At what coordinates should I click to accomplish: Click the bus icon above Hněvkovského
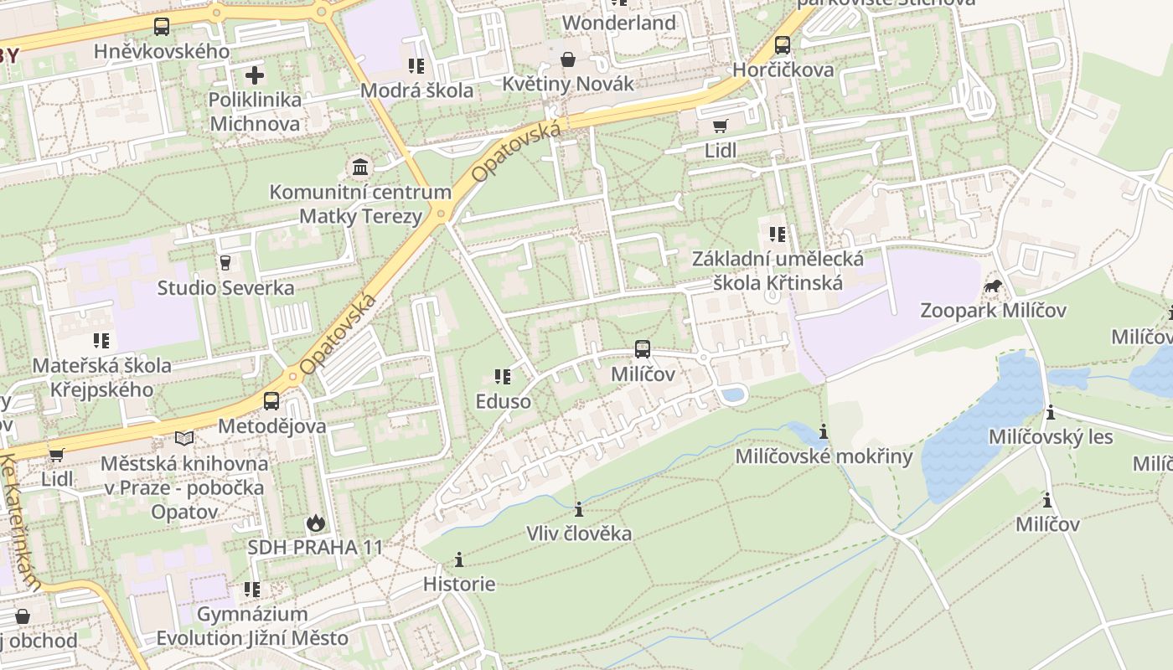point(162,26)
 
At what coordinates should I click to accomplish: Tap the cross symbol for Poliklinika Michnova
point(255,75)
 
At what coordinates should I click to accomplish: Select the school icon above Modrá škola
point(416,65)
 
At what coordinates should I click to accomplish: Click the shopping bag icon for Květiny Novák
point(568,59)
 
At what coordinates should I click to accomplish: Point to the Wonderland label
point(618,23)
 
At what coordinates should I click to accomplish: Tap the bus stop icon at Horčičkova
point(783,45)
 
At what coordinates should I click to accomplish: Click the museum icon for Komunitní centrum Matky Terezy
point(360,167)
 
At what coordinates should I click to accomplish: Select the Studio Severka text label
point(226,288)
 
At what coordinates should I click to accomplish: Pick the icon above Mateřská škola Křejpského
point(101,341)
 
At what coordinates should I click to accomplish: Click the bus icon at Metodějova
point(271,401)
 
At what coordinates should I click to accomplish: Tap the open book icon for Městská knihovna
point(184,438)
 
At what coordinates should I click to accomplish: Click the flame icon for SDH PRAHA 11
point(315,523)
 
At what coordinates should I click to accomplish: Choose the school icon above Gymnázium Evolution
point(252,590)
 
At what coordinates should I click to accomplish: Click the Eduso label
point(503,401)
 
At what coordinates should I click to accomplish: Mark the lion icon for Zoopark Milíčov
point(994,287)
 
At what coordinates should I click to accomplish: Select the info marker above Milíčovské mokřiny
point(824,432)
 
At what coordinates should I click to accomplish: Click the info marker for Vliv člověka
point(578,509)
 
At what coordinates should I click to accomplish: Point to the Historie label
point(458,584)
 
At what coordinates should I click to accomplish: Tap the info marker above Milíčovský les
point(1051,413)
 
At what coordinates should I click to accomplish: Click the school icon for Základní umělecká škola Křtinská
point(778,234)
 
